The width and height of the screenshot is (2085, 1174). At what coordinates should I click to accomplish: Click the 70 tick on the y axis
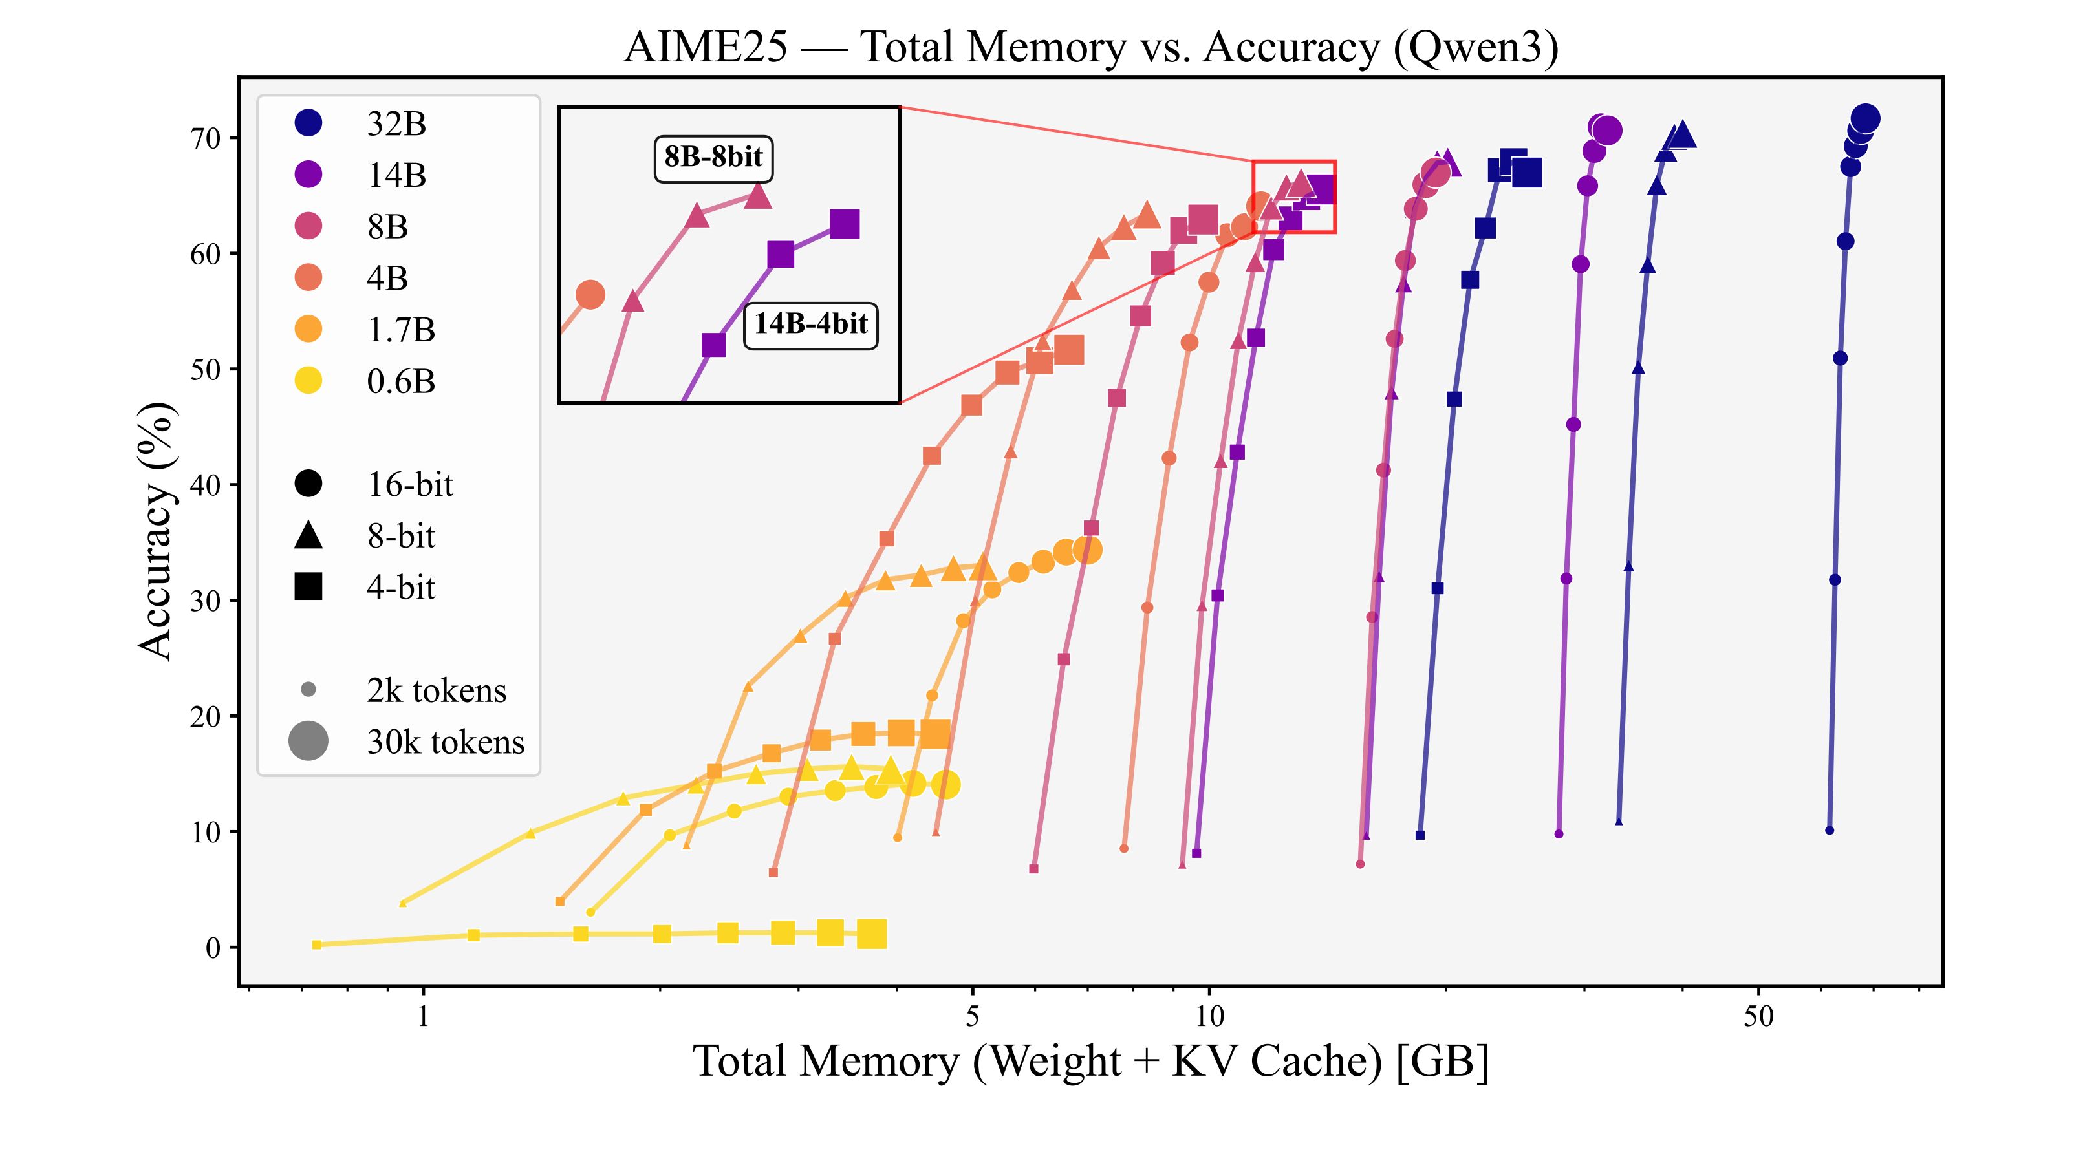pyautogui.click(x=206, y=138)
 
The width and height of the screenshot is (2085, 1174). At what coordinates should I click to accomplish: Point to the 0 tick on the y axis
pyautogui.click(x=213, y=948)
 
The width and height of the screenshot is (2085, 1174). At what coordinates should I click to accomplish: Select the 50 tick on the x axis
pyautogui.click(x=1758, y=1016)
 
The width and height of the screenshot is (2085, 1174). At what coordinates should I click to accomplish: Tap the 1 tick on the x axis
pyautogui.click(x=422, y=1016)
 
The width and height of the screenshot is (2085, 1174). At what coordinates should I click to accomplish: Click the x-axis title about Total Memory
pyautogui.click(x=1091, y=1061)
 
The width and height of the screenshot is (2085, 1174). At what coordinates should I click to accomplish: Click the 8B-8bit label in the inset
pyautogui.click(x=713, y=157)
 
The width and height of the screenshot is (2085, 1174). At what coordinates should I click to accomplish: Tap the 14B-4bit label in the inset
pyautogui.click(x=810, y=324)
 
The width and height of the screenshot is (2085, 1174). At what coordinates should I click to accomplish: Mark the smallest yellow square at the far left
pyautogui.click(x=316, y=945)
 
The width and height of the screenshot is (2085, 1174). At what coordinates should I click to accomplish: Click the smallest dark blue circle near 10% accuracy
pyautogui.click(x=1830, y=830)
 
